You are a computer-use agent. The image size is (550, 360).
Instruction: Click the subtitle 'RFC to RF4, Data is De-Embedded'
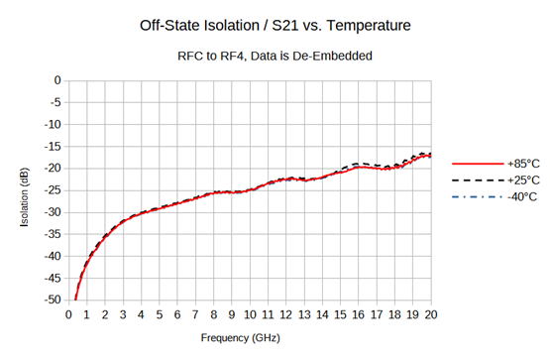tap(275, 57)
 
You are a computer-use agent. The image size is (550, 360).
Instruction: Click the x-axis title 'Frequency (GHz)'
tap(249, 338)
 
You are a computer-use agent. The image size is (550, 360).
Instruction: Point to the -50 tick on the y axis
tap(52, 300)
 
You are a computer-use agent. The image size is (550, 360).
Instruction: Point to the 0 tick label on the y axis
tap(57, 80)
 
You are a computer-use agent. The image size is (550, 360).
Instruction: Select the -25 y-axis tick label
tap(52, 190)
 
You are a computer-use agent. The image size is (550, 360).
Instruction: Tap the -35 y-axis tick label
tap(52, 234)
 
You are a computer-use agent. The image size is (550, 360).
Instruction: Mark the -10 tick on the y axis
tap(52, 124)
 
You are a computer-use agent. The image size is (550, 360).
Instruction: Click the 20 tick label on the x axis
tap(431, 314)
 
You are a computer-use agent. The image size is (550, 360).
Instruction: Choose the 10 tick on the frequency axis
tap(250, 314)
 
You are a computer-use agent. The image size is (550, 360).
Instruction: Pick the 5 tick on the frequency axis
tap(159, 314)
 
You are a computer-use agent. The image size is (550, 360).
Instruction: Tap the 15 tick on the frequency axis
tap(340, 314)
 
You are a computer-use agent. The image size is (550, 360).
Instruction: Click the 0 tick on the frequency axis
tap(67, 314)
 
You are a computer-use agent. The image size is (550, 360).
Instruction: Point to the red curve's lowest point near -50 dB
tap(75, 299)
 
